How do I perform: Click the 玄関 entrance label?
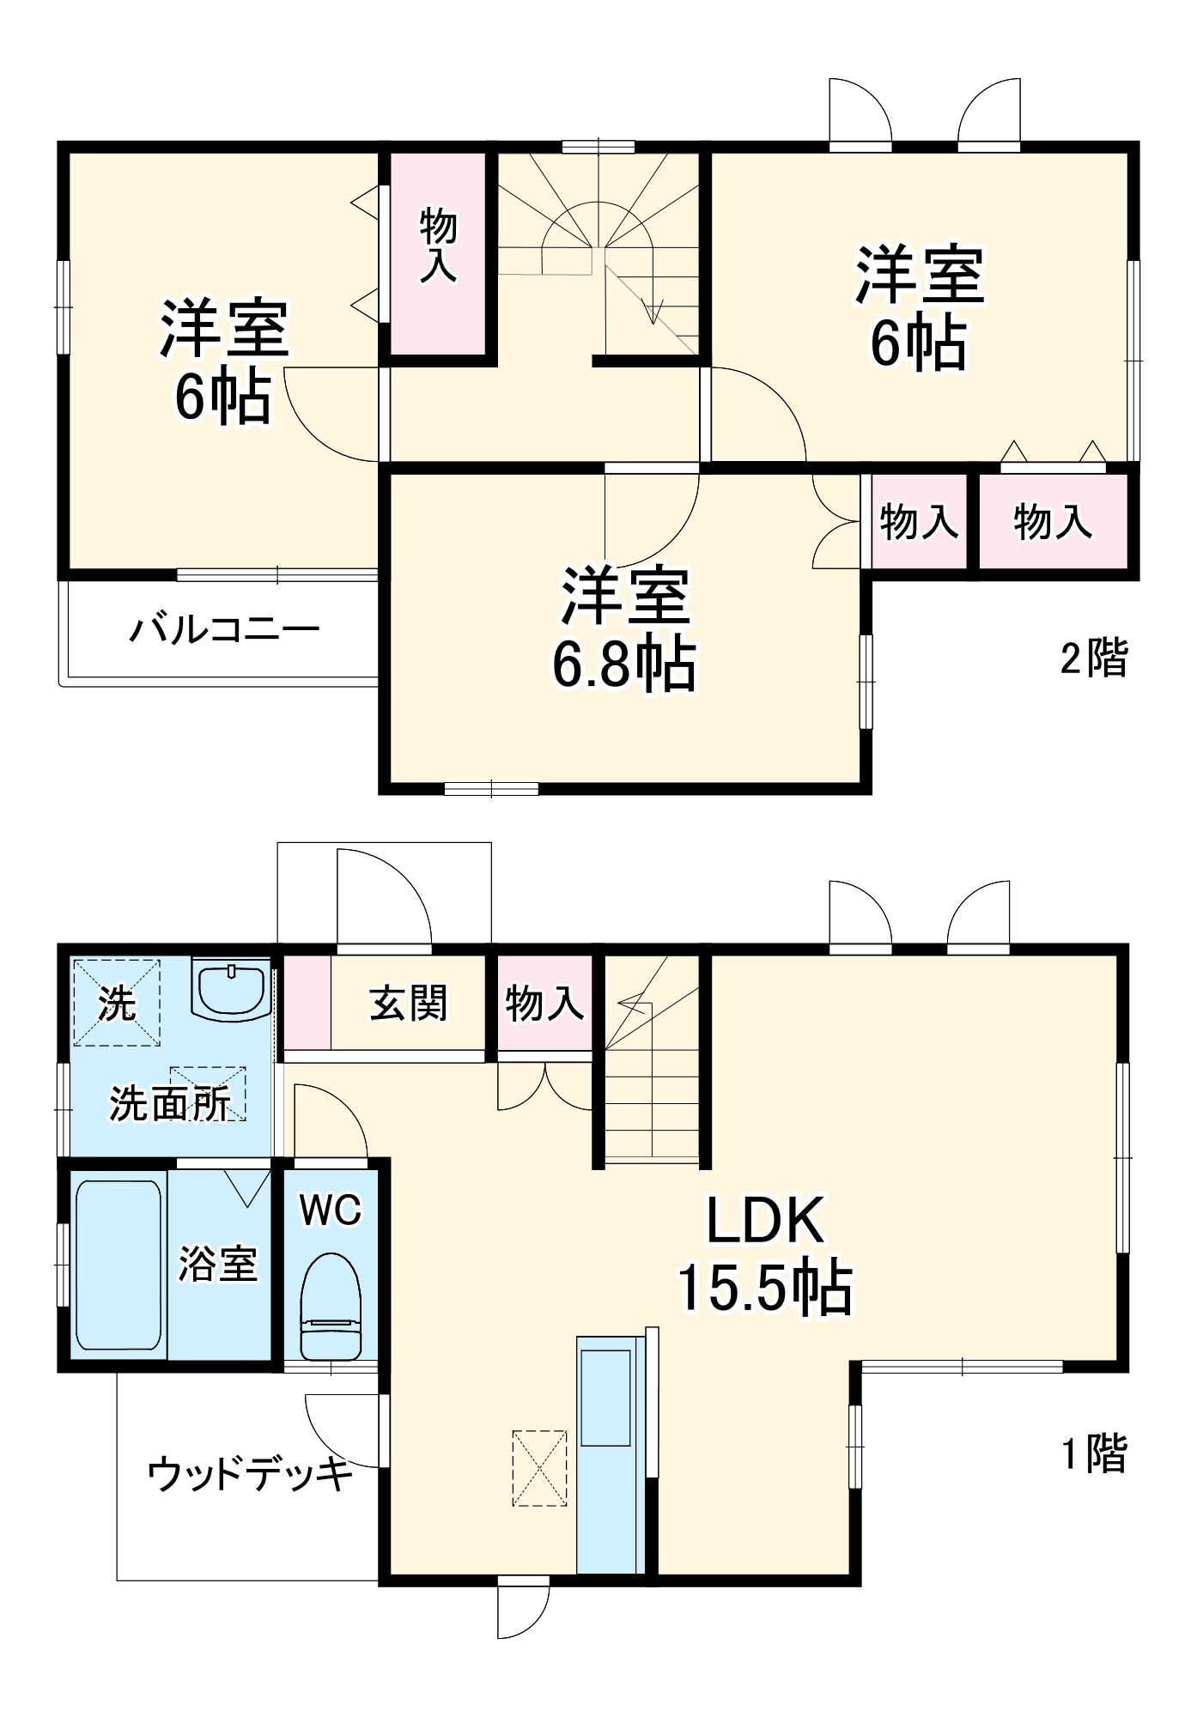click(x=409, y=1002)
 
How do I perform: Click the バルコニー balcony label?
click(x=224, y=630)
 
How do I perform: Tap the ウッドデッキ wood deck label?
click(x=250, y=1476)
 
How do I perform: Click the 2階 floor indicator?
click(x=1093, y=658)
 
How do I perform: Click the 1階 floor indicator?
click(x=1093, y=1453)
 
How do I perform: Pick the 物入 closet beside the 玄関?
click(x=544, y=1002)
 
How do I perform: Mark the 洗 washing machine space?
click(x=116, y=1002)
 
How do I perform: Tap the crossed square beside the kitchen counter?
click(x=539, y=1467)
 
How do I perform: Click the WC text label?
click(x=331, y=1210)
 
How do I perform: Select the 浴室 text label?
click(x=217, y=1265)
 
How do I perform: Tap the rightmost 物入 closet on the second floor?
click(x=1052, y=521)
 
